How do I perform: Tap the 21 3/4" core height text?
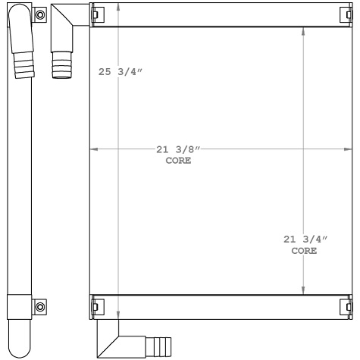[x=305, y=239]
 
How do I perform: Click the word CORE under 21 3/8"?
[x=178, y=161]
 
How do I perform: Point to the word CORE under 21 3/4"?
[x=305, y=251]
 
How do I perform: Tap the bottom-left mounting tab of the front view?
[x=95, y=306]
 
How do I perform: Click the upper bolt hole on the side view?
[x=40, y=14]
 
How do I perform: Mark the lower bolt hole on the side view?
[x=40, y=306]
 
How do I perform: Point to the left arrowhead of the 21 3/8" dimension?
[x=94, y=149]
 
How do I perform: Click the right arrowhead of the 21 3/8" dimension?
[x=349, y=149]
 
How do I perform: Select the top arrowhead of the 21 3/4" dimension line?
[x=304, y=33]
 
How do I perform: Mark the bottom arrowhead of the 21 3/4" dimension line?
[x=304, y=290]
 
